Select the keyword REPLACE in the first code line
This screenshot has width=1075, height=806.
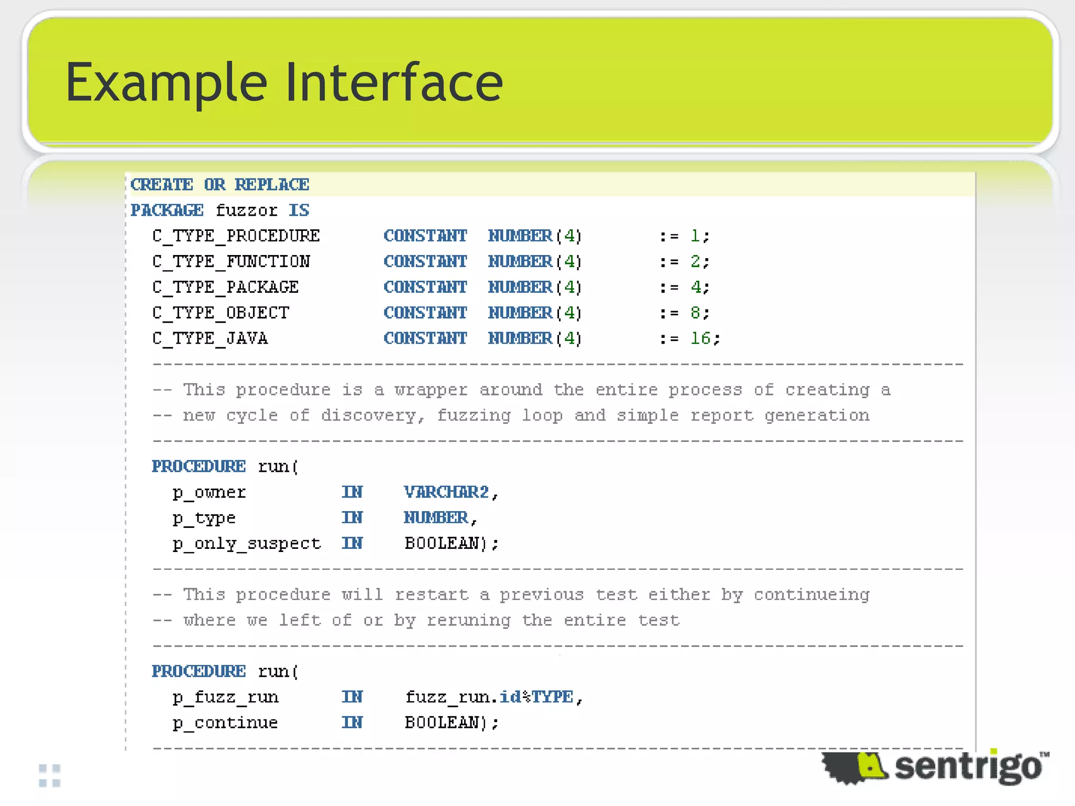pos(271,185)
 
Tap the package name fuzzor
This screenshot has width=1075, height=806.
pos(246,210)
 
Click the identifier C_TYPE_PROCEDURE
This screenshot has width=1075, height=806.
pos(236,236)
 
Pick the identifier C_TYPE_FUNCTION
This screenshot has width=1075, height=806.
pos(231,261)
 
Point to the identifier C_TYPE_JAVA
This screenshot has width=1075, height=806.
pos(210,338)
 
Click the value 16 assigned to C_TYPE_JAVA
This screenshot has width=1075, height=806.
pos(700,338)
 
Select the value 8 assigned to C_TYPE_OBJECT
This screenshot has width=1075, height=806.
pos(695,313)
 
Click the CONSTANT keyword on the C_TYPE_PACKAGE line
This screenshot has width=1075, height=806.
pos(425,287)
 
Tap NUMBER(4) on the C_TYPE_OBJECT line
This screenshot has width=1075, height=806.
pos(534,313)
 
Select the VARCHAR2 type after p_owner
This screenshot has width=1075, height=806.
pos(446,492)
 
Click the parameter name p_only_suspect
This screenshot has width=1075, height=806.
pos(247,544)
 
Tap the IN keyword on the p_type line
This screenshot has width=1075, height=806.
pos(352,518)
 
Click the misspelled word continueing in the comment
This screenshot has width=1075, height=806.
pos(811,595)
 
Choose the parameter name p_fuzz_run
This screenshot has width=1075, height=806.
pos(226,697)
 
